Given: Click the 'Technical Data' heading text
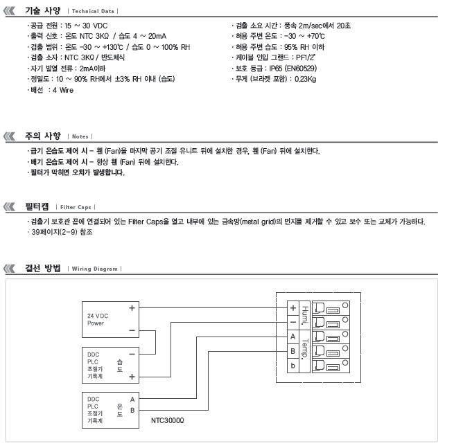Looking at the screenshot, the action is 93,11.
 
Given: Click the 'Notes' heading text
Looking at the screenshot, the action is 80,136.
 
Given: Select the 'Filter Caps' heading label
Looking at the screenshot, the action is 76,207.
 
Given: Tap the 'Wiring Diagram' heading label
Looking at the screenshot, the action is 95,269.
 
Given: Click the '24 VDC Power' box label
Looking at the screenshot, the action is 98,319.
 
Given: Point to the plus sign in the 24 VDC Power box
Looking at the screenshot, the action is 132,308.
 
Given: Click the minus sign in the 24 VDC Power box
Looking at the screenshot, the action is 132,330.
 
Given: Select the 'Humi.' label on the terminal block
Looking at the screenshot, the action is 304,315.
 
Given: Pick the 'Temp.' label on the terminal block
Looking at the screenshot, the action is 304,349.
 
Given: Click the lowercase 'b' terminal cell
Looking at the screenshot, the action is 293,366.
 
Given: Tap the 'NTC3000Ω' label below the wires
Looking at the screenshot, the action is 167,420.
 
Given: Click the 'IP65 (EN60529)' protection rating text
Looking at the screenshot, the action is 293,69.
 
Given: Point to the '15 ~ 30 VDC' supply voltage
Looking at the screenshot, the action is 86,26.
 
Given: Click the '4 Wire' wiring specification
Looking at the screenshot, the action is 63,90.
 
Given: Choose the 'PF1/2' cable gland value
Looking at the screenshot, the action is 306,57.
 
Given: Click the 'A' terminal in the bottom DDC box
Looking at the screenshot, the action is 132,400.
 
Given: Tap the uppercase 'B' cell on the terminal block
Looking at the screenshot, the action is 293,351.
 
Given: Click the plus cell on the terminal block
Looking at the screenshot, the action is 293,308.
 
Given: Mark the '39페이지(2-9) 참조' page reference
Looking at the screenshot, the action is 62,232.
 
